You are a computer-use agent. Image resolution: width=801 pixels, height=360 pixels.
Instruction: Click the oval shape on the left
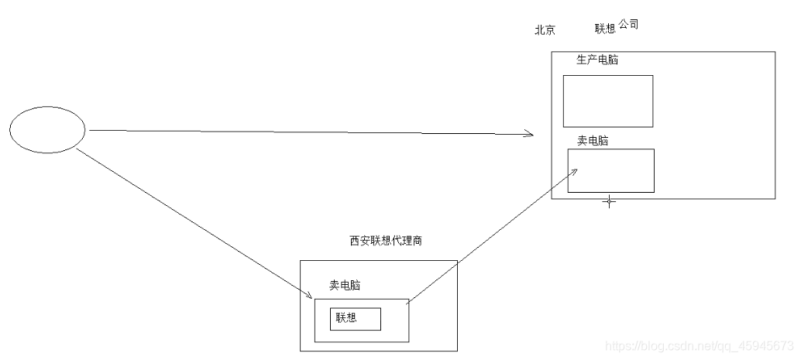47,129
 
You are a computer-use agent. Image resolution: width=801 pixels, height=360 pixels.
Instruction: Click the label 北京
545,30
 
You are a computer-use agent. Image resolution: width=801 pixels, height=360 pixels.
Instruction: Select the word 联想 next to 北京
605,29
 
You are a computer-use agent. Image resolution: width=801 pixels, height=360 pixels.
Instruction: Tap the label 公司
628,25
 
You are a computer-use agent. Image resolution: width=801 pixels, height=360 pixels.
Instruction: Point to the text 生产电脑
597,60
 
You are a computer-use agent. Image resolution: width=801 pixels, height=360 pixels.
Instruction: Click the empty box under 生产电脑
607,101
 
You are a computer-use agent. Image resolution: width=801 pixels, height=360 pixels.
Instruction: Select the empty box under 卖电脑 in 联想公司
610,170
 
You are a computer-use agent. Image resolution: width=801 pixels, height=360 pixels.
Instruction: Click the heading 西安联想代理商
386,241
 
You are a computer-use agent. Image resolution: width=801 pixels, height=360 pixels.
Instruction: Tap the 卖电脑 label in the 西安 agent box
345,286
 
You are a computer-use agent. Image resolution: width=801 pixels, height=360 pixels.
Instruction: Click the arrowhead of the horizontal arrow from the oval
531,135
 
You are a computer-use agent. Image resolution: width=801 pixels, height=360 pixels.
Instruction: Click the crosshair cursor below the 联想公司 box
609,201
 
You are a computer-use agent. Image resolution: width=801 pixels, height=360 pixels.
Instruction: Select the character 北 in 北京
540,30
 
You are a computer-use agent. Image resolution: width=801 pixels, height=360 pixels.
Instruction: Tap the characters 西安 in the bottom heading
359,241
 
